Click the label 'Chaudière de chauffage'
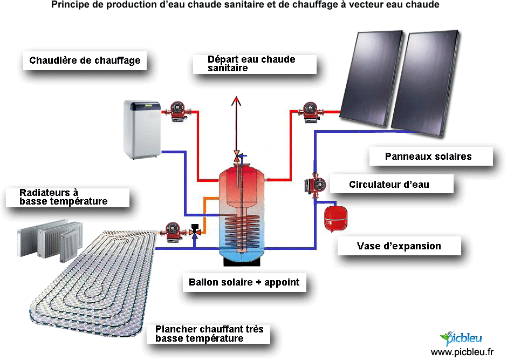(x=85, y=60)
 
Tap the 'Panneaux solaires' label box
(x=428, y=157)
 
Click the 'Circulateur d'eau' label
(x=389, y=185)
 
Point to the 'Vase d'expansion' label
(x=399, y=246)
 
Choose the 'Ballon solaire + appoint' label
(x=244, y=282)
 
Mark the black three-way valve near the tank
(x=195, y=231)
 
